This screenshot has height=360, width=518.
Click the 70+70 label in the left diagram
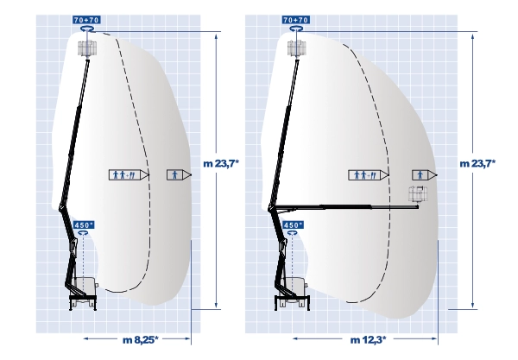click(86, 20)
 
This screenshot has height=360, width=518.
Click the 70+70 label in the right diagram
click(296, 20)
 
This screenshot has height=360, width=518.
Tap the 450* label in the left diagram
click(84, 225)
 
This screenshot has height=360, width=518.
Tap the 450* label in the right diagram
click(294, 225)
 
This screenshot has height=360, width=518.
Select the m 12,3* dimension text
click(369, 339)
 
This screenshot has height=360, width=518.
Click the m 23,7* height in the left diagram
click(221, 163)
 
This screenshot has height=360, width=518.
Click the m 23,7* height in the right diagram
click(477, 163)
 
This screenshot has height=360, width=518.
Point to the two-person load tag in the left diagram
click(129, 174)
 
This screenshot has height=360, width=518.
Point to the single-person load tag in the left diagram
click(179, 174)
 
